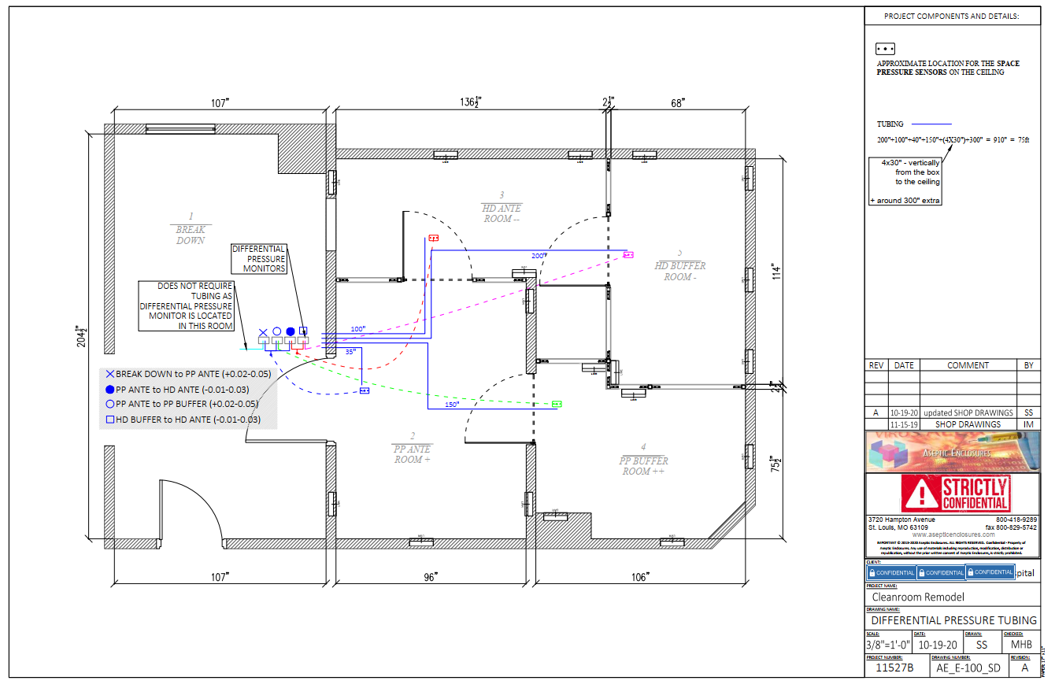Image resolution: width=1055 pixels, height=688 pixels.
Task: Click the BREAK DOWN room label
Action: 191,228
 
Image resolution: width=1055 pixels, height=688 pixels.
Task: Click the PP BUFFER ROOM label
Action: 643,460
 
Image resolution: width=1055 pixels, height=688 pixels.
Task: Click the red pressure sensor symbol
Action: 432,237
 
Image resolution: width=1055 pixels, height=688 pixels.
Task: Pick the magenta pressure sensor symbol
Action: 628,254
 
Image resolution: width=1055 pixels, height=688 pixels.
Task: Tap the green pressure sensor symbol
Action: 557,404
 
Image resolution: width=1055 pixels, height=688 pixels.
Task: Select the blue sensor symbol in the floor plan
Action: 365,390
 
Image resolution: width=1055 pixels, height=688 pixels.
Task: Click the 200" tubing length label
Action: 538,256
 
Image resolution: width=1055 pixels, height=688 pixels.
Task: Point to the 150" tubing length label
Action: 451,405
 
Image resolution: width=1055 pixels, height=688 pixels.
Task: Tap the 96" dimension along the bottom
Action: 430,577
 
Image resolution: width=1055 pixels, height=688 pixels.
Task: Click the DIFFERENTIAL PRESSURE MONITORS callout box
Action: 259,258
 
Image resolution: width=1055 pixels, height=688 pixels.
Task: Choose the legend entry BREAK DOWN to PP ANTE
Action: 188,375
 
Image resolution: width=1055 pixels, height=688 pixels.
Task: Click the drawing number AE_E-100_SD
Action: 968,668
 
